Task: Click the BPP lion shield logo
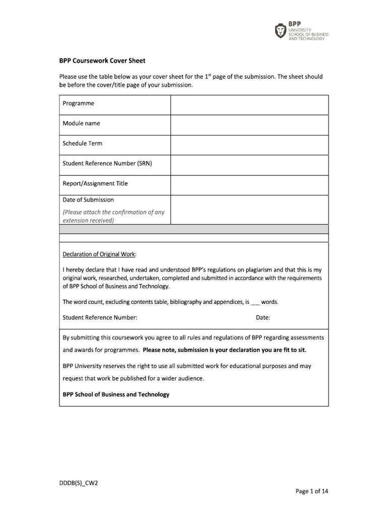coord(280,32)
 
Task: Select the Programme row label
coord(78,103)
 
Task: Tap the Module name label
coord(81,123)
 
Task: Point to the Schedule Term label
coord(82,144)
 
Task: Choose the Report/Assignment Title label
coord(95,184)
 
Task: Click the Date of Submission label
coord(88,200)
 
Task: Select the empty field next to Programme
coord(249,104)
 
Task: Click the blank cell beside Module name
coord(249,124)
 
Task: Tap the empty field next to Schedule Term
coord(249,145)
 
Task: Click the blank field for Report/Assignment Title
coord(249,184)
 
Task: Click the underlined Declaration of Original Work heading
coord(99,254)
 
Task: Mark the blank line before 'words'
coord(255,303)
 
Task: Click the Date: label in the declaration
coord(263,318)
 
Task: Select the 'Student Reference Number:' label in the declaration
coord(100,318)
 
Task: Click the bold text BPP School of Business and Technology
coord(116,395)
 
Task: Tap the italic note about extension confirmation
coord(113,216)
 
